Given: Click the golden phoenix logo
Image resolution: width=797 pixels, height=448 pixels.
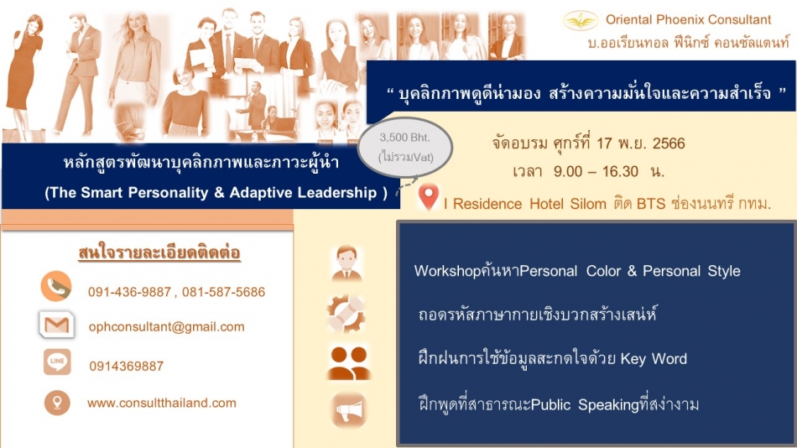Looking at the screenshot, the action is [580, 20].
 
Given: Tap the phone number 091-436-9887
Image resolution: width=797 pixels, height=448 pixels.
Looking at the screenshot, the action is [129, 292].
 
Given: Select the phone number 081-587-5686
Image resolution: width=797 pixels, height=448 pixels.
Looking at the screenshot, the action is [224, 292].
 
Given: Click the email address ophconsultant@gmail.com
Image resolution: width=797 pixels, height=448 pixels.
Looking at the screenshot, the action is [166, 327].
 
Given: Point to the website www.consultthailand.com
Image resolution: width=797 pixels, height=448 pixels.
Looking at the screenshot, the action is [162, 404].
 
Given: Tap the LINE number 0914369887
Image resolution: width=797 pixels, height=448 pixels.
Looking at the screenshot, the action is [126, 366].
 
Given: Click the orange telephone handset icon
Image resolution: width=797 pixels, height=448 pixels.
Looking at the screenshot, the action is [56, 286].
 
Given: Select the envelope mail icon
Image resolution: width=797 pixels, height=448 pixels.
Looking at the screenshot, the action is [56, 325].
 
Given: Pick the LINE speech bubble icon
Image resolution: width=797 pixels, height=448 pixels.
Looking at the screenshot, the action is [57, 362].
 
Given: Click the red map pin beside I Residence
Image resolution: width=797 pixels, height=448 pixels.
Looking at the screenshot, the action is [429, 196].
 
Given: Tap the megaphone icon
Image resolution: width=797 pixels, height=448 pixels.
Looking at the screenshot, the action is [348, 410].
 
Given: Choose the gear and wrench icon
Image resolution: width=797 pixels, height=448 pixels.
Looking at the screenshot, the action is [346, 314].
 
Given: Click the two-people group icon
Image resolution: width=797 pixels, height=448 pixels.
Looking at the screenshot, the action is [349, 363].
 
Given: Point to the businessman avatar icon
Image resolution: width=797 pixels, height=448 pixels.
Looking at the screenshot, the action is [346, 263].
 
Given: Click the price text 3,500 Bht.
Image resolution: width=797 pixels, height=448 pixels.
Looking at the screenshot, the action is [404, 138].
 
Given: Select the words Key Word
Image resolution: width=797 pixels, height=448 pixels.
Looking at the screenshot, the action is [654, 359].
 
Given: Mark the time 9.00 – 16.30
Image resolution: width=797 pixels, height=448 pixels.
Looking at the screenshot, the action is [596, 171].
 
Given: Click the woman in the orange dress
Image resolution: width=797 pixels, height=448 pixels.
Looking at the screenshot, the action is [23, 76].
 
